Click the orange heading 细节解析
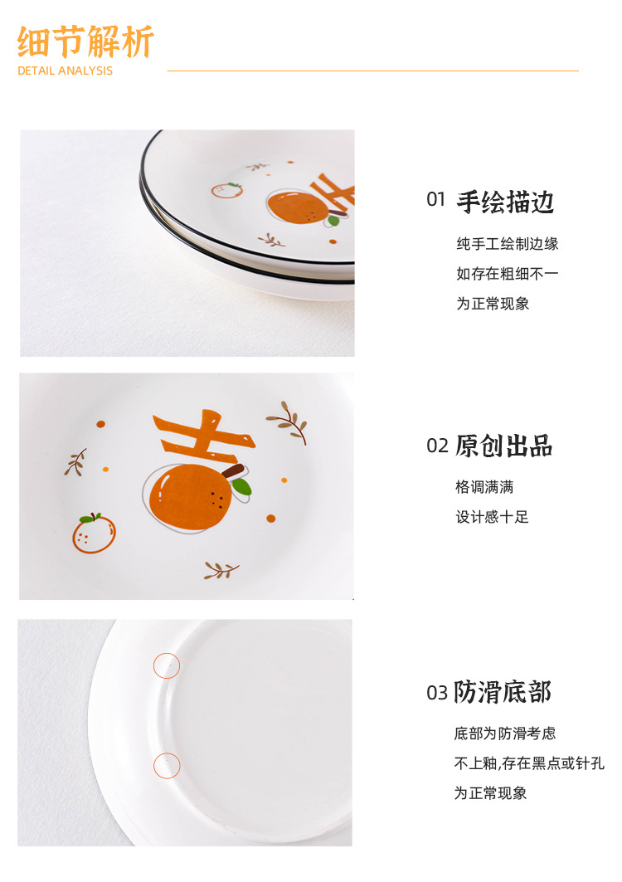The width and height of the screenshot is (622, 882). coord(85,41)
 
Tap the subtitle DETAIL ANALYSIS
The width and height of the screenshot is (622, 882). coord(65,71)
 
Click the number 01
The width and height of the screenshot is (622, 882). coord(436,200)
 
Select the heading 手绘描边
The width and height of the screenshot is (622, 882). coord(505,202)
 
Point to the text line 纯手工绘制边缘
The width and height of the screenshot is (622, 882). coord(507,244)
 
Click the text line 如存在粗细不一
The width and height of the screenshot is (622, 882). coord(507,274)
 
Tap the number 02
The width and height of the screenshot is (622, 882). coord(437,446)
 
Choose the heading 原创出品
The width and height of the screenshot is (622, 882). coord(503,446)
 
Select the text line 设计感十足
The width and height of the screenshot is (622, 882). coord(492,517)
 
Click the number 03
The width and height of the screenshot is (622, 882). coord(437,693)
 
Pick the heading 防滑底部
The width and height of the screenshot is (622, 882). coord(503,692)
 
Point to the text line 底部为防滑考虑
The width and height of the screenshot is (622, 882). coord(504,733)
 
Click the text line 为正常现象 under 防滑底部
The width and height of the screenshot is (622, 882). coord(490,793)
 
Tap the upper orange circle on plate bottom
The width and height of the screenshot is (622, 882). coord(167,665)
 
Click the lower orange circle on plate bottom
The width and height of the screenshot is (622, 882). coord(167,765)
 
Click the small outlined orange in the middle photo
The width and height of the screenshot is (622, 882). coord(94,534)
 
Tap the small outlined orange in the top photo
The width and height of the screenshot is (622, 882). coord(226,190)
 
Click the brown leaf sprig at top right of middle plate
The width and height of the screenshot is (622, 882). coord(288,421)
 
